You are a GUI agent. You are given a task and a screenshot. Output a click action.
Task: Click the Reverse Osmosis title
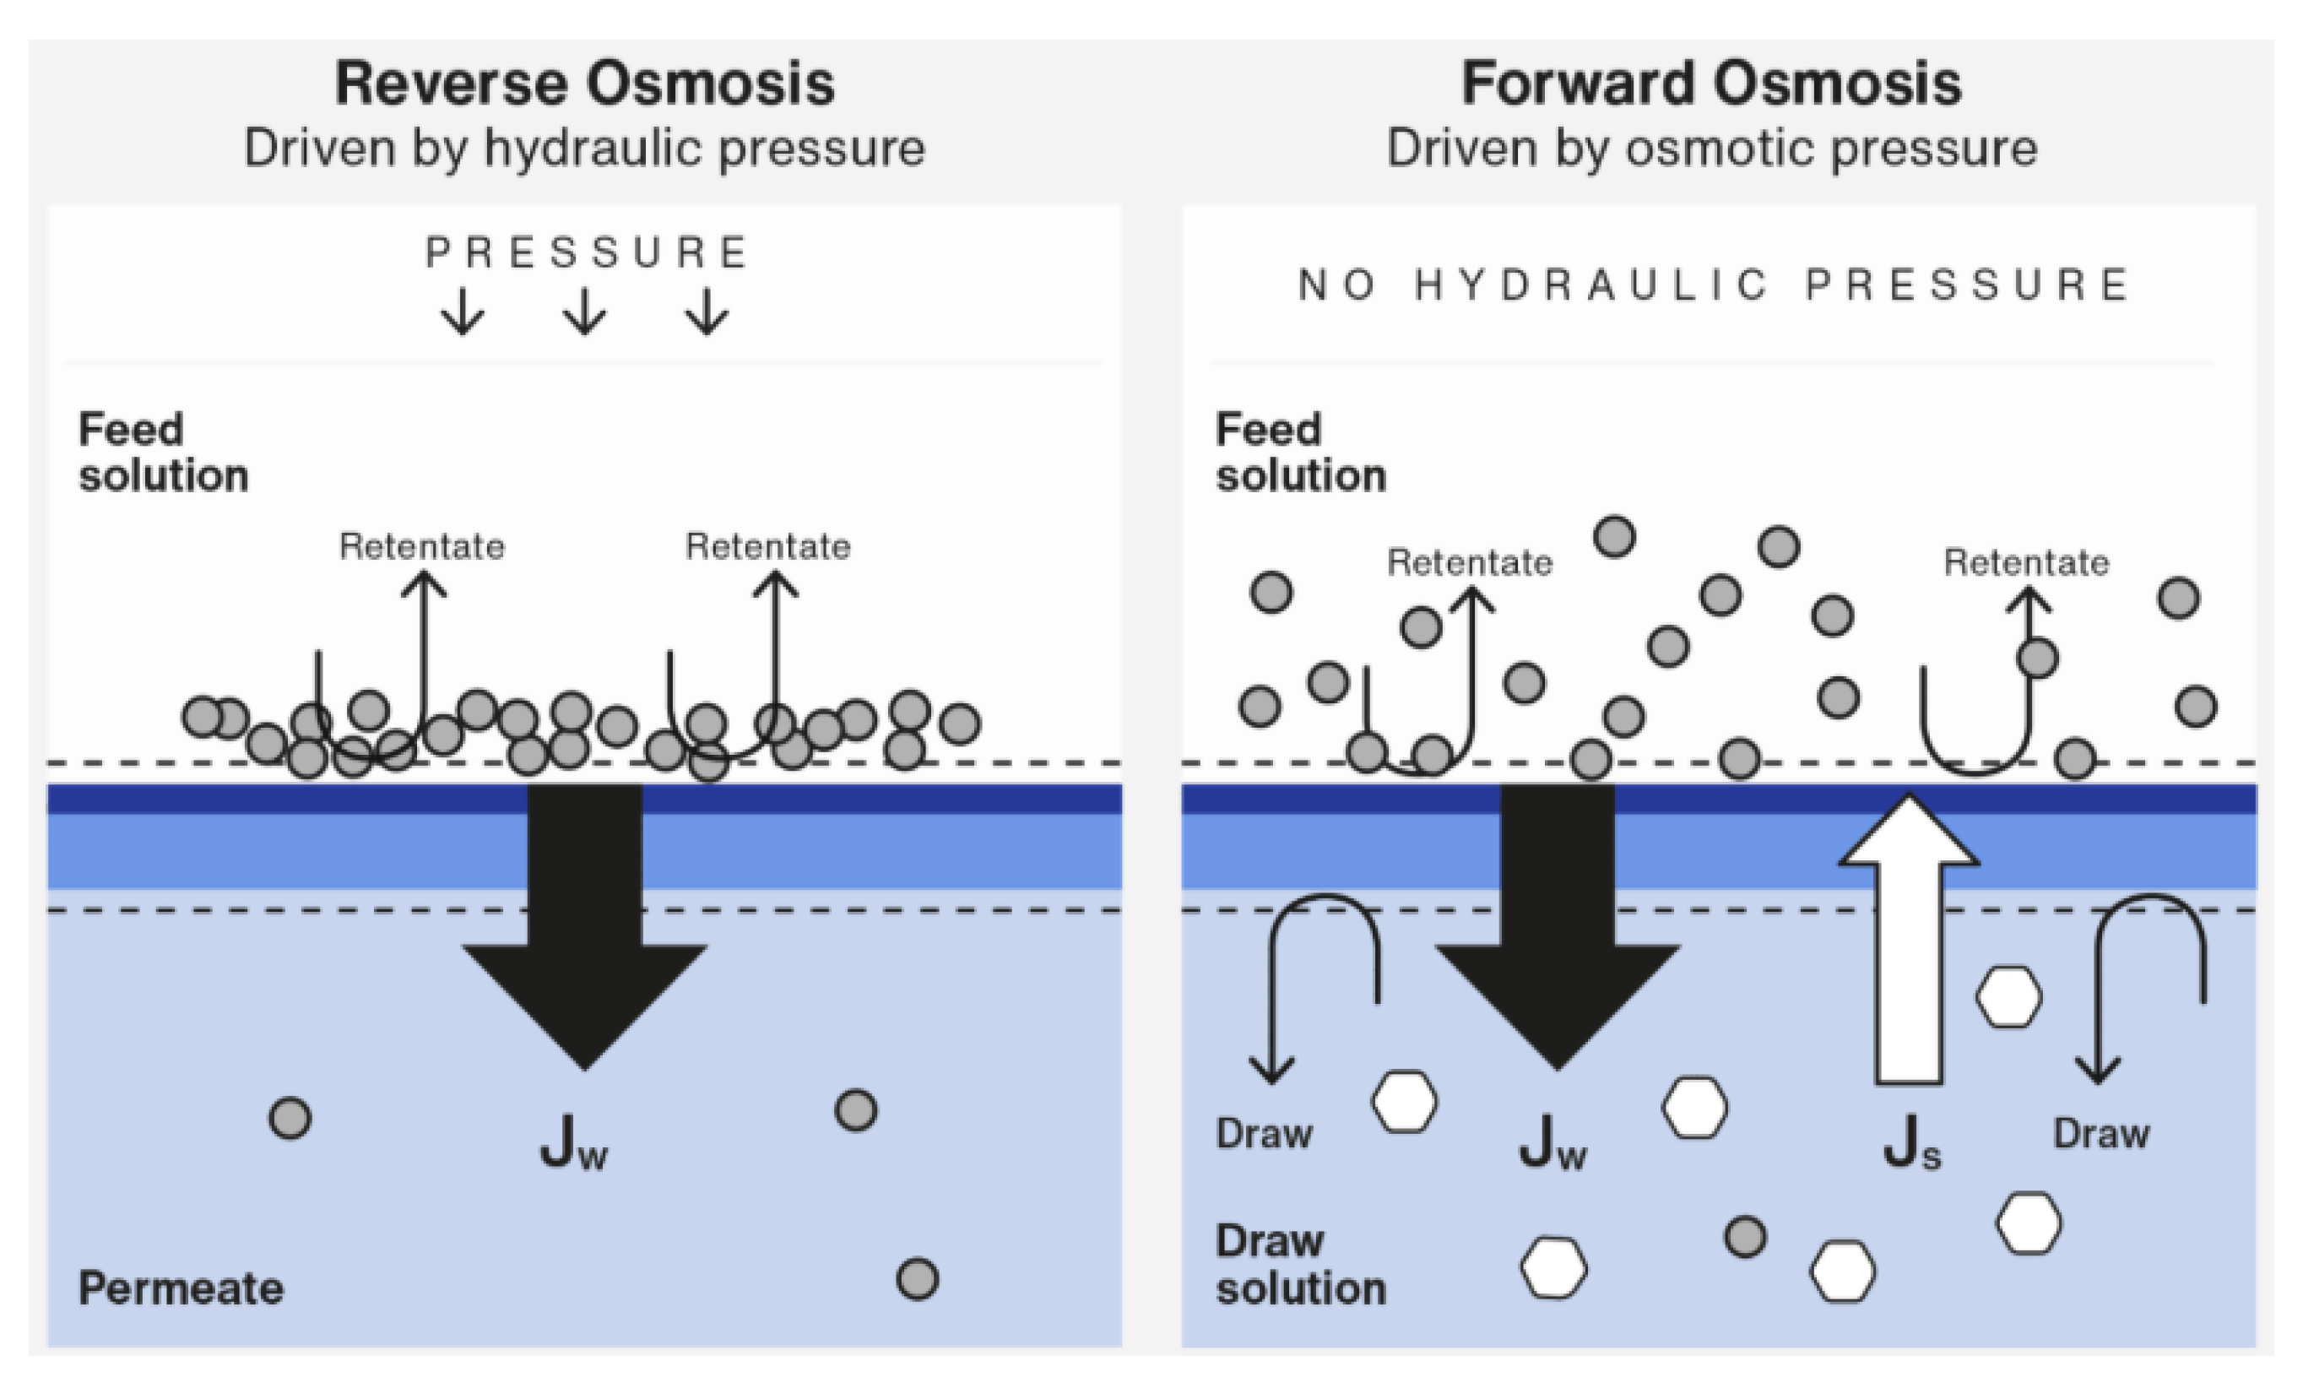click(x=584, y=84)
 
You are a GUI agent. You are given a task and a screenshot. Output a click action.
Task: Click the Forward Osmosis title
click(x=1710, y=84)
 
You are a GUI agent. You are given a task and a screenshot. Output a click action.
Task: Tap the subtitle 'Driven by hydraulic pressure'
click(x=584, y=148)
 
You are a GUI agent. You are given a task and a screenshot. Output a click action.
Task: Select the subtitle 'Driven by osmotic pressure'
click(x=1710, y=148)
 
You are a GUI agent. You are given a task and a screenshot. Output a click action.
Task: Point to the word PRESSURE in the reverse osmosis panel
click(x=586, y=252)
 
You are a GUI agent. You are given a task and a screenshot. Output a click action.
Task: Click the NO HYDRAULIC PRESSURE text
click(x=1713, y=285)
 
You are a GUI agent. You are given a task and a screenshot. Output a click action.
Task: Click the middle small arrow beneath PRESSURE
click(x=585, y=312)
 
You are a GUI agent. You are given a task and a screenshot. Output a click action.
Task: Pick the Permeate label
click(x=181, y=1288)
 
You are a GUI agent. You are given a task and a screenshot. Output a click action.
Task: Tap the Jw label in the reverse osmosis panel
click(x=573, y=1142)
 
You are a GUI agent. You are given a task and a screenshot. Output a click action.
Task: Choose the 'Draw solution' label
click(x=1299, y=1265)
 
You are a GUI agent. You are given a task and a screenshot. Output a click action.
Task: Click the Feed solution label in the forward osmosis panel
click(x=1299, y=453)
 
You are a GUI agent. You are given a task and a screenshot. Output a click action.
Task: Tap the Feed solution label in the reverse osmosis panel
click(x=163, y=453)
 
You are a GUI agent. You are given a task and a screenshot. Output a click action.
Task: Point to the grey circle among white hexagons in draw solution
click(x=1744, y=1236)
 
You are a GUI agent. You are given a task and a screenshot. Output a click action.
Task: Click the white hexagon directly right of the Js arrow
click(x=2008, y=997)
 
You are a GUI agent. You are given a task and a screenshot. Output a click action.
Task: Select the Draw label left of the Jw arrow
click(x=1264, y=1134)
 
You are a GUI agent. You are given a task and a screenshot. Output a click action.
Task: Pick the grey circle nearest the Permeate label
click(x=290, y=1117)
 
